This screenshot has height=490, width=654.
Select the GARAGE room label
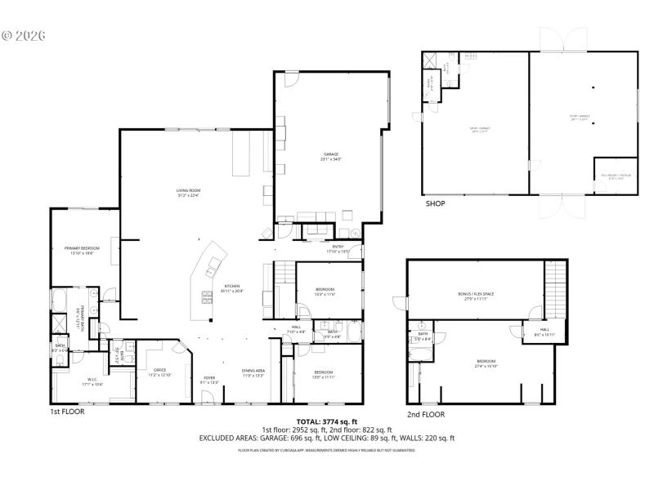point(331,157)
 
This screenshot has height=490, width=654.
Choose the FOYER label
point(209,379)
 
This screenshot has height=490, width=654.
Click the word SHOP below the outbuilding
point(435,203)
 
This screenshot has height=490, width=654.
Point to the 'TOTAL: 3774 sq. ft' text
point(327,421)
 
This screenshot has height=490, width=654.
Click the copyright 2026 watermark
point(24,35)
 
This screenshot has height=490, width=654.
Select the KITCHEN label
point(233,288)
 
